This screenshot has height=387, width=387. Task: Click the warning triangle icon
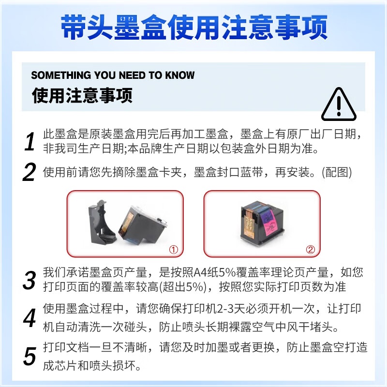[x=339, y=104]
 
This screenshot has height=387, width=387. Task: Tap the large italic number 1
[x=30, y=141]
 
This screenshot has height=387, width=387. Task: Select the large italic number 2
[x=30, y=172]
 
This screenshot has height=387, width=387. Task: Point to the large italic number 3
[x=30, y=280]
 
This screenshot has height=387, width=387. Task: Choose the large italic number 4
[x=30, y=318]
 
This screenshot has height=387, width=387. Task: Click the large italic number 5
[x=30, y=356]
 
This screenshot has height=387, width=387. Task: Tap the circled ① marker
[x=174, y=250]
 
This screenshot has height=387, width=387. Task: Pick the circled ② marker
[x=311, y=250]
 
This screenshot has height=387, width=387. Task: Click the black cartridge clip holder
[x=102, y=222]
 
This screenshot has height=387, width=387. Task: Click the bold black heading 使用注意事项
[x=82, y=95]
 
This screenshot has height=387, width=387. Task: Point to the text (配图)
[x=337, y=172]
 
